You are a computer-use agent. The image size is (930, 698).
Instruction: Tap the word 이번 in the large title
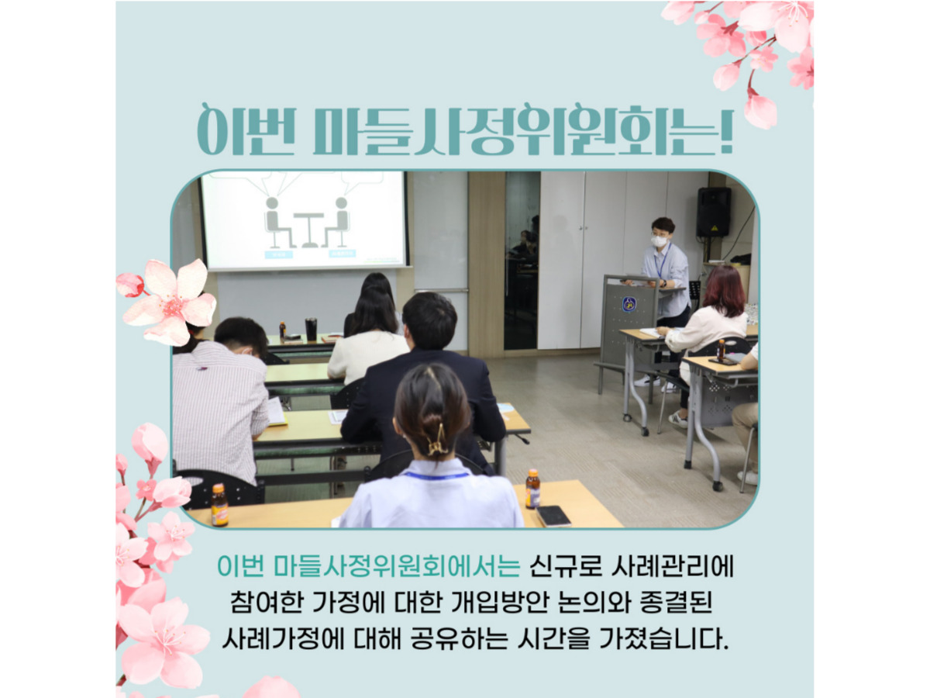[246, 130]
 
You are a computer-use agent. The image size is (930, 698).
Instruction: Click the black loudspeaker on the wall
[714, 212]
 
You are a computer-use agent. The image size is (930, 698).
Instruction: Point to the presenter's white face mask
[660, 240]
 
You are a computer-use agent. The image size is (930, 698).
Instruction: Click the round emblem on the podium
[629, 304]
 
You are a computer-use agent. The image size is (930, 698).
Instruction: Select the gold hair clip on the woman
[437, 440]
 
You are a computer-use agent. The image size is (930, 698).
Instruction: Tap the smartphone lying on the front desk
[553, 517]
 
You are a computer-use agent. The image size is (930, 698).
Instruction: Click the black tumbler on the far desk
[311, 329]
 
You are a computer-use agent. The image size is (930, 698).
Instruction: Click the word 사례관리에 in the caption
[673, 566]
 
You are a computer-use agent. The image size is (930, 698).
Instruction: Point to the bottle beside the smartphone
[532, 489]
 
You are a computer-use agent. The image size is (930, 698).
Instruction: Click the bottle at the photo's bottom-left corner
[219, 505]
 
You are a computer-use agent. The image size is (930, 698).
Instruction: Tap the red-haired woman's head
[724, 291]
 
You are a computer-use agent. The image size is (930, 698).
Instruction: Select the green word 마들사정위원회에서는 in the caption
[397, 566]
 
